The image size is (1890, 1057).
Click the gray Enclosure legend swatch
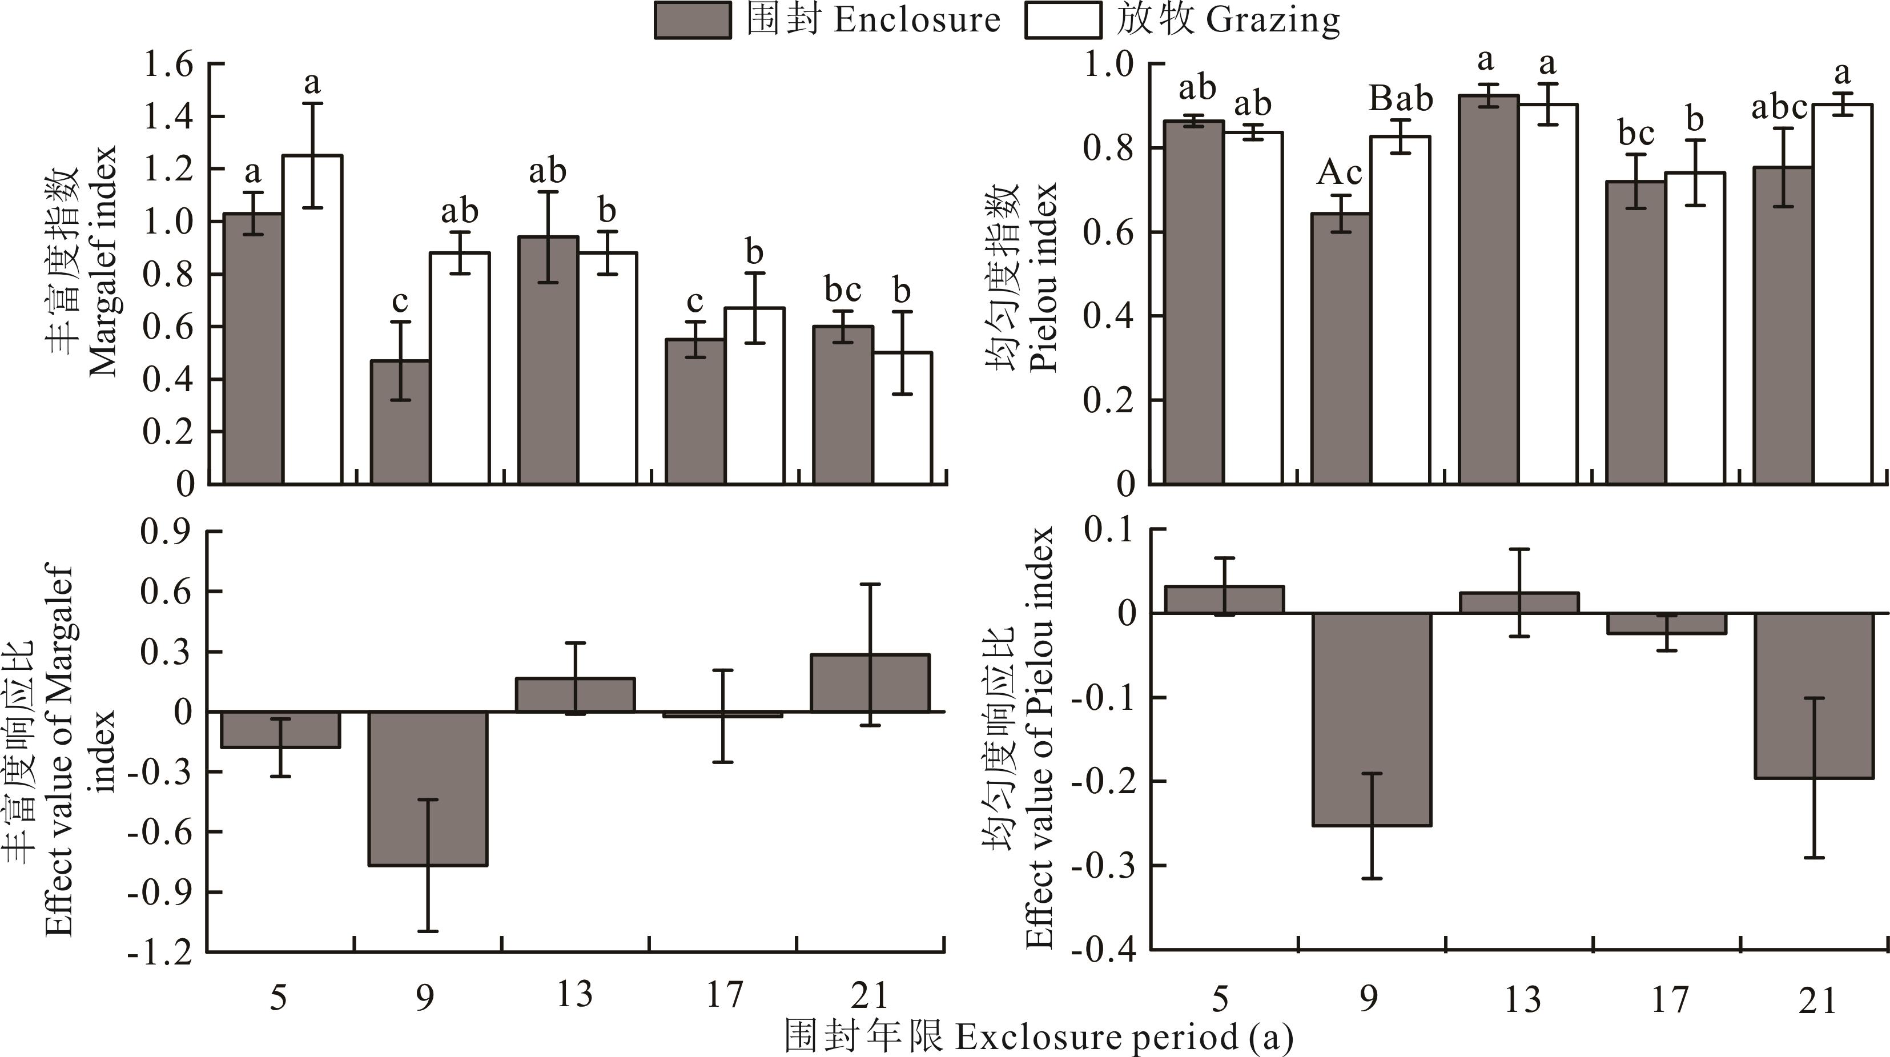pyautogui.click(x=693, y=21)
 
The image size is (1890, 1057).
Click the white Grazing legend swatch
pyautogui.click(x=1063, y=21)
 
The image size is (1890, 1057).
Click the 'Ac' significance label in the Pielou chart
pyautogui.click(x=1339, y=173)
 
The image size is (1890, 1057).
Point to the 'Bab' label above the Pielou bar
pyautogui.click(x=1401, y=98)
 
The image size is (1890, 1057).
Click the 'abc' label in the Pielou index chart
pyautogui.click(x=1779, y=108)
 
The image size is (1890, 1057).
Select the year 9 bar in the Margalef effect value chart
pyautogui.click(x=428, y=789)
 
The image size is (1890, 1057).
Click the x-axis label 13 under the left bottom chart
pyautogui.click(x=574, y=995)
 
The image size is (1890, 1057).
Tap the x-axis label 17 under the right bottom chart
pyautogui.click(x=1670, y=999)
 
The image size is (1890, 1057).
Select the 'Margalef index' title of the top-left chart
pyautogui.click(x=102, y=260)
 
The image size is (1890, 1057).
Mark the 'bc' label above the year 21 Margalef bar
pyautogui.click(x=842, y=290)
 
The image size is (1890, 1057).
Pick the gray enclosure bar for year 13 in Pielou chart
pyautogui.click(x=1489, y=289)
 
